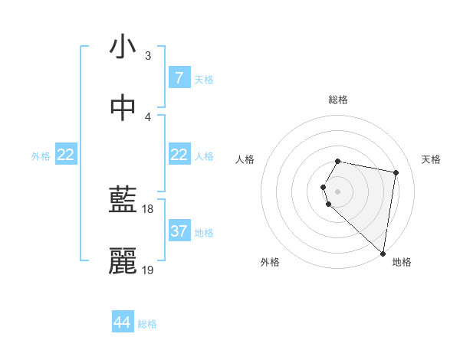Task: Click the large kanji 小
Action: click(123, 47)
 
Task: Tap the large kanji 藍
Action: click(123, 201)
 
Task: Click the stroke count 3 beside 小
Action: click(147, 56)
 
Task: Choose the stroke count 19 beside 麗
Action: click(148, 270)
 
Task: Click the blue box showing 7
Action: click(179, 78)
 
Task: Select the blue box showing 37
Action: click(179, 231)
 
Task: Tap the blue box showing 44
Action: click(122, 323)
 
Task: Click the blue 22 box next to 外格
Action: click(66, 155)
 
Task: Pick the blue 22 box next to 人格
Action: click(179, 155)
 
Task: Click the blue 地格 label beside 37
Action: click(204, 233)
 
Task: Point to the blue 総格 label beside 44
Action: click(147, 324)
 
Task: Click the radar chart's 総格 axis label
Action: click(338, 100)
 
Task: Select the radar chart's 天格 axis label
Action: click(432, 159)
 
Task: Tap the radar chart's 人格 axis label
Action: click(245, 159)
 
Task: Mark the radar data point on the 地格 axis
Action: click(383, 253)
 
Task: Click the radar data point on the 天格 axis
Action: click(396, 173)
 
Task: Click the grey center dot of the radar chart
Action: click(338, 191)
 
